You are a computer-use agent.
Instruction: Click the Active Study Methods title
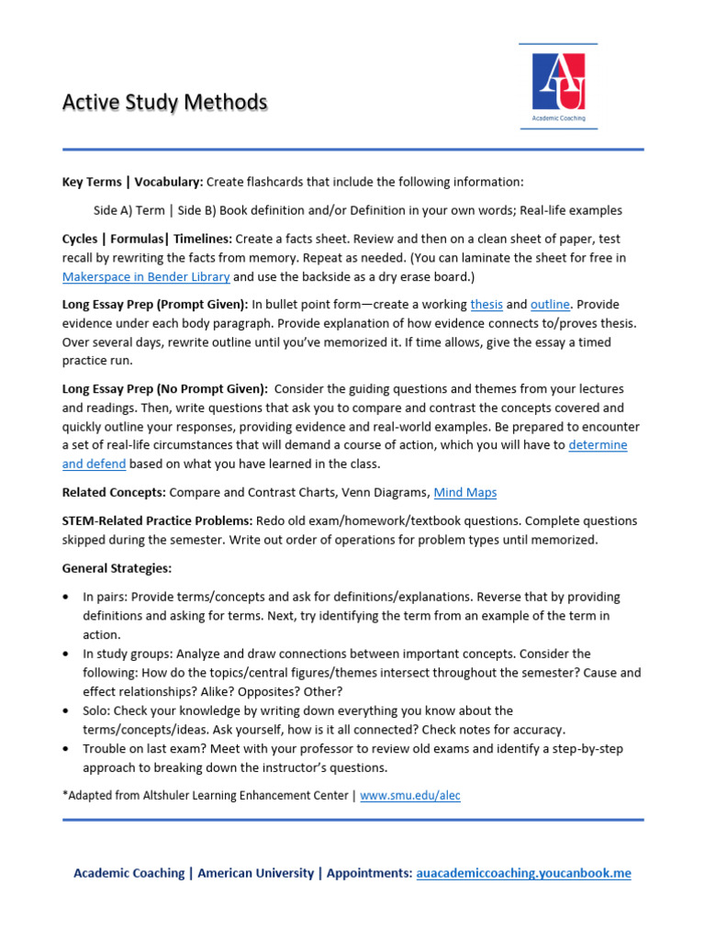[164, 102]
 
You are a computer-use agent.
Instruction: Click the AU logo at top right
[558, 82]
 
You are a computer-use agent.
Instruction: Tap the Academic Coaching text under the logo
[558, 118]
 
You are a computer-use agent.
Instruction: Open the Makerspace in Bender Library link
[146, 276]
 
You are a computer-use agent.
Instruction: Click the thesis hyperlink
[486, 305]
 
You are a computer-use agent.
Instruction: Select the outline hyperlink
[550, 305]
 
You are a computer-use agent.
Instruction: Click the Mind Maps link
[464, 493]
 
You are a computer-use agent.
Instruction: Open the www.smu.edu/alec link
[409, 796]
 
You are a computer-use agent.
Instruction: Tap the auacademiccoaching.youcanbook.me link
[523, 873]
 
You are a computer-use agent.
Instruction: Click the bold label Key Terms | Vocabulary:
[132, 182]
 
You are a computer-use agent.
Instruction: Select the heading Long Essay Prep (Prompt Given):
[155, 305]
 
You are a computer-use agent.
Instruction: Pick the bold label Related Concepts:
[114, 493]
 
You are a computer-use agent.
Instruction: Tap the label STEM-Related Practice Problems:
[157, 521]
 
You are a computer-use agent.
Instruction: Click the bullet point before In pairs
[67, 598]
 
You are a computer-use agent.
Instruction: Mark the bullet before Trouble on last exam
[67, 749]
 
